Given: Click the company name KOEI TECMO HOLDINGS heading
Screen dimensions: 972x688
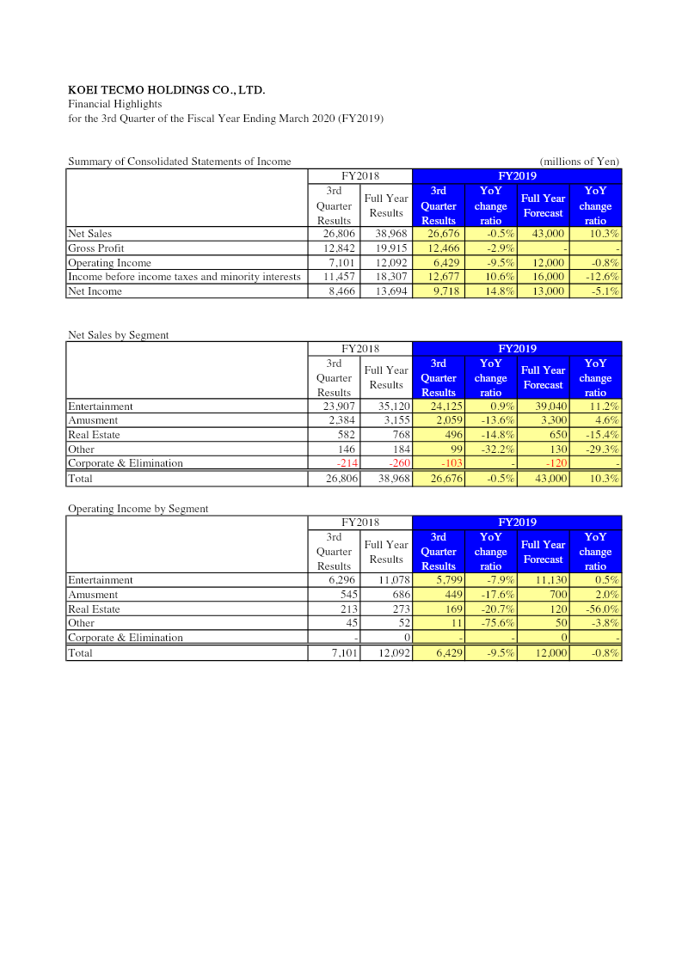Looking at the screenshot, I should pyautogui.click(x=166, y=89).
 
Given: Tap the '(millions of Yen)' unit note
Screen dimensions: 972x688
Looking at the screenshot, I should pyautogui.click(x=579, y=162).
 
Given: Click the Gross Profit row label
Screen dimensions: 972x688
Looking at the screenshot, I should pyautogui.click(x=95, y=248).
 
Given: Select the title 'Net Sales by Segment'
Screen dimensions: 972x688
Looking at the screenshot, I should pyautogui.click(x=118, y=335).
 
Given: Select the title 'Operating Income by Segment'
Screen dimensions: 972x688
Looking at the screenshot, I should pyautogui.click(x=138, y=509).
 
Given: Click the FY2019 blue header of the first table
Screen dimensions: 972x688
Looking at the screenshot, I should pyautogui.click(x=517, y=176).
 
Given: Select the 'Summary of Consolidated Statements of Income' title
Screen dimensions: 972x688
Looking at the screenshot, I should pyautogui.click(x=179, y=162).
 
